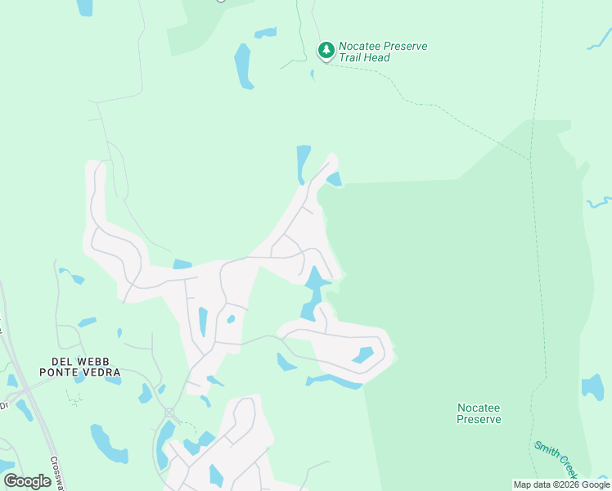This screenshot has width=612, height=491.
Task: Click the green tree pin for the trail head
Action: point(326,51)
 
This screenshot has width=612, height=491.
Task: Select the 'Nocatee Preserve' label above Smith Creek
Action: point(479,413)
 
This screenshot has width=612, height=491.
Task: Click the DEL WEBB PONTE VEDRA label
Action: point(79,367)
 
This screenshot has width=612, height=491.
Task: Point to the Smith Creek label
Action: point(556,459)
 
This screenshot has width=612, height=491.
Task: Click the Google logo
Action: point(27,481)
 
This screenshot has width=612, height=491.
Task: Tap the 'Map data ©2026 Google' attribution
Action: point(561,484)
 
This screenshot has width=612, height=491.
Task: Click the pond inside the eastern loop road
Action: point(362,355)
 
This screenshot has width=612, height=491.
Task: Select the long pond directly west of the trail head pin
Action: point(243,65)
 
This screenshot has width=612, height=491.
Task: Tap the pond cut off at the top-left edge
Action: point(84,7)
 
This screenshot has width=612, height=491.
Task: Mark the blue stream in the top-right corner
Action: point(599,39)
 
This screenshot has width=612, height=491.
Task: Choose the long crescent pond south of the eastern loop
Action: point(334,381)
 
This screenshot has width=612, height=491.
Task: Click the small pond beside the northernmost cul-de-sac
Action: point(335,178)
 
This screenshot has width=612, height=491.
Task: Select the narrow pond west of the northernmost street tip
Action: point(303,162)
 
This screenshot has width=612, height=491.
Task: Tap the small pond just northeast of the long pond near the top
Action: point(265,34)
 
